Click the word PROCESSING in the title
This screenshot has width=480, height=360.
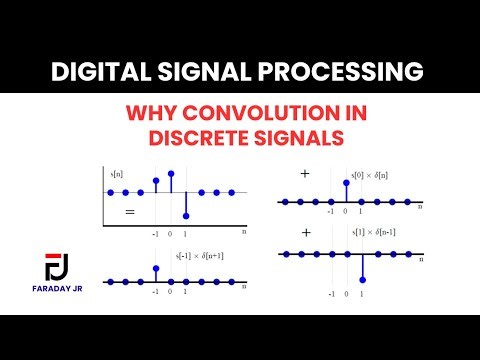[339, 72]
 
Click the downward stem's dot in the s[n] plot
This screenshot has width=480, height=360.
[186, 216]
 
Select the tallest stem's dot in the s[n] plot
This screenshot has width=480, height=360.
[171, 173]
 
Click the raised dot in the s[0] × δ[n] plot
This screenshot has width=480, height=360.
[346, 182]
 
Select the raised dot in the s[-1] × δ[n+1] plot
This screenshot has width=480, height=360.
[156, 267]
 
